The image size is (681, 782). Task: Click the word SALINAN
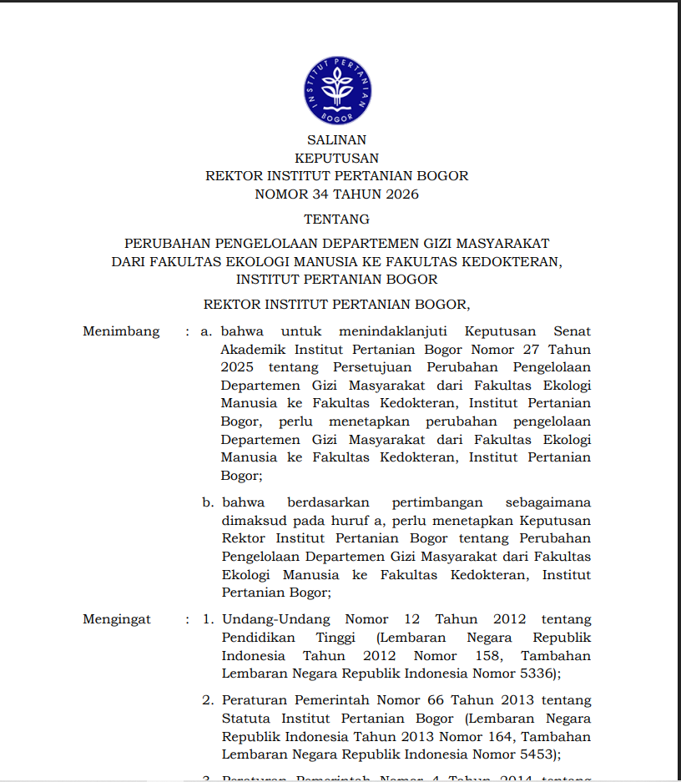click(336, 140)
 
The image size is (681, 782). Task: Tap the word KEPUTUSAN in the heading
click(336, 158)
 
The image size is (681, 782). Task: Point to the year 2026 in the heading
click(402, 194)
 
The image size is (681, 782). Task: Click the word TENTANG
click(336, 219)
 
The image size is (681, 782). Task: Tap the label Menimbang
click(121, 331)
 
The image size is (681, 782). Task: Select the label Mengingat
click(117, 619)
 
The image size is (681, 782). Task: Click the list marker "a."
click(207, 331)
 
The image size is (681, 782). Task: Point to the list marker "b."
click(208, 502)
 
